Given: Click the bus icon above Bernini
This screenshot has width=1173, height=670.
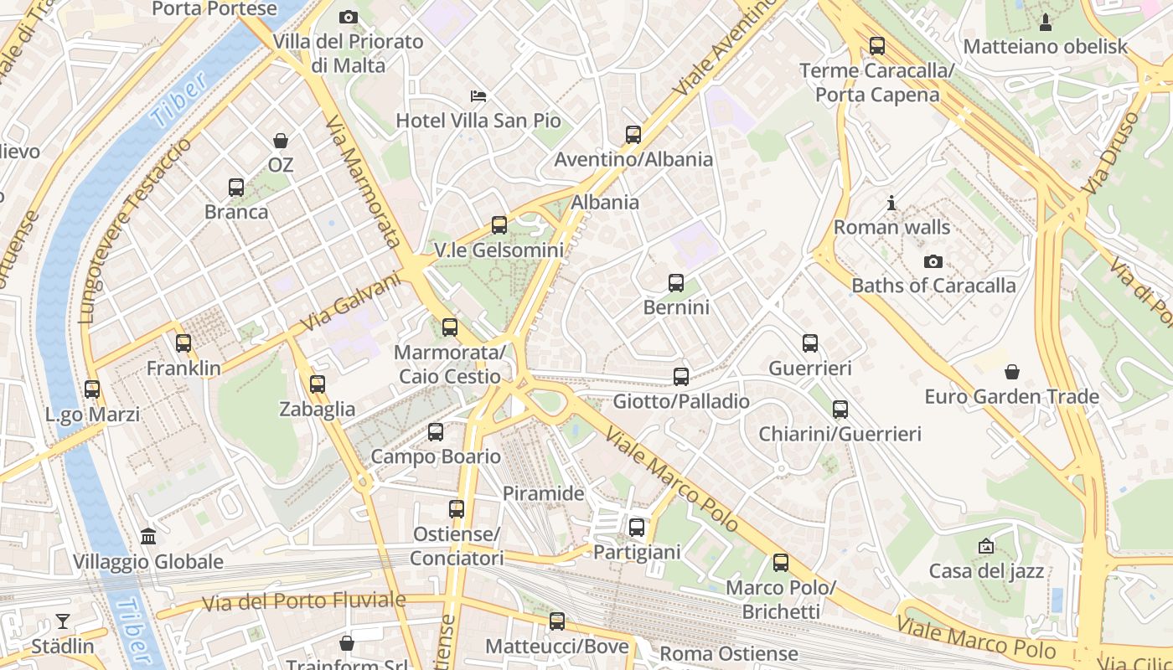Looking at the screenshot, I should point(676,283).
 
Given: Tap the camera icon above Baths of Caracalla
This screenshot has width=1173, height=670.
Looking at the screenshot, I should point(933,261).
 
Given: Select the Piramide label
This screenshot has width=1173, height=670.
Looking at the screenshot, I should point(543,493).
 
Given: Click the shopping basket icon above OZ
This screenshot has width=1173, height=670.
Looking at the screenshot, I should point(280,141).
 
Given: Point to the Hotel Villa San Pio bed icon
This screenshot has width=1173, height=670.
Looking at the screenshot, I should point(478,95).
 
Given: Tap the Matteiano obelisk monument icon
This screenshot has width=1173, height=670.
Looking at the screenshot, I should point(1046,22).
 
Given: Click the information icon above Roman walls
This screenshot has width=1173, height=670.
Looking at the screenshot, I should point(891,203).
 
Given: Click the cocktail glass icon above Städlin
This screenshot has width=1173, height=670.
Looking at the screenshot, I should point(63,621).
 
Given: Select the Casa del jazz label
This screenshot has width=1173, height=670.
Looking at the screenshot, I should point(986,571).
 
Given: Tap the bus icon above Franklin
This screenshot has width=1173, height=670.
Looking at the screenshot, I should point(183,343).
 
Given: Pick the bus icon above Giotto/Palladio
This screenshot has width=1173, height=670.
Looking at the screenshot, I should point(681,376).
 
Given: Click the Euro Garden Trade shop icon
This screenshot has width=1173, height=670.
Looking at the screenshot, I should point(1012,371).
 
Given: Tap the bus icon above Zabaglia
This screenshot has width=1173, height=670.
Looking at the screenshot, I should point(317,384).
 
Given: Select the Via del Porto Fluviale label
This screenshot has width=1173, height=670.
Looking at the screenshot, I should point(304,600).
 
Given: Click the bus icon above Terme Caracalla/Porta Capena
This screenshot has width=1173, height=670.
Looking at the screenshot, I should point(877,46).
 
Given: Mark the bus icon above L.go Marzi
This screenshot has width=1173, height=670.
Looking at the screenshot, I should point(92,389).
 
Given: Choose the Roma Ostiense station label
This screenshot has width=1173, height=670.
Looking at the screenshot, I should point(729,653).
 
